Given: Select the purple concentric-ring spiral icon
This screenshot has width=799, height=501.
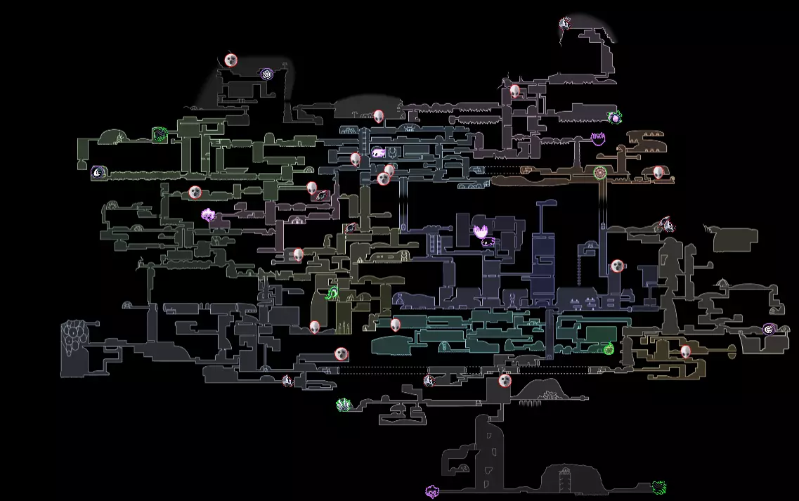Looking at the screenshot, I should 266,73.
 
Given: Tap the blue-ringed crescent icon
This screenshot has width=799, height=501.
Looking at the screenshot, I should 98,171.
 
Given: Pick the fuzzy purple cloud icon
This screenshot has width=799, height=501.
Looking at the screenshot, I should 209,215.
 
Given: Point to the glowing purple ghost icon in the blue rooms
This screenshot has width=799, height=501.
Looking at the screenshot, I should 378,152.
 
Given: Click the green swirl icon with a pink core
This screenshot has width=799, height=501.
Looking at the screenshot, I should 615,117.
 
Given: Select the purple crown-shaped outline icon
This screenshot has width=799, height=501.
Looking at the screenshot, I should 598,138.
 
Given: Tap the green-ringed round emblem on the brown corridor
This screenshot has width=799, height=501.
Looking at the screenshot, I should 599,172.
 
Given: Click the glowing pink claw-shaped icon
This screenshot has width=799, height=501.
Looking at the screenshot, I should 482,231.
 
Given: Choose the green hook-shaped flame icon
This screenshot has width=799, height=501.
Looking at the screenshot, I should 332,293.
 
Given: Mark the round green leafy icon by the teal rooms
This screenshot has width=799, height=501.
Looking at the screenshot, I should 609,347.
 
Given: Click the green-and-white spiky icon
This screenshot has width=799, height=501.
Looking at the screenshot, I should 343,404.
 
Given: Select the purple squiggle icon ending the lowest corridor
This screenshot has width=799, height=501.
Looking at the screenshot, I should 432,490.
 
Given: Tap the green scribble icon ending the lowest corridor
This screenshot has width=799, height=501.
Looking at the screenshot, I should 658,487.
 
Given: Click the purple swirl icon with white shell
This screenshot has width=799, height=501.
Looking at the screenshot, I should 769,329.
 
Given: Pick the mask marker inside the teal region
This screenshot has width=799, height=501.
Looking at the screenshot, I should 396,325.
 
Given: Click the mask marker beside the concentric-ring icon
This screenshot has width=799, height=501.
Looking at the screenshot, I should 231,60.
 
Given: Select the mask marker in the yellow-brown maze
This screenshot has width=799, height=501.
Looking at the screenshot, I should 685,351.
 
